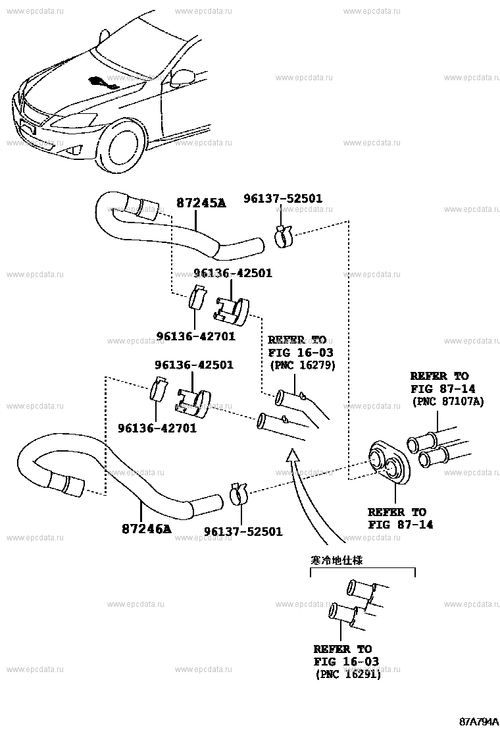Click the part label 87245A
pyautogui.click(x=201, y=203)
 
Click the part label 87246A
pyautogui.click(x=146, y=529)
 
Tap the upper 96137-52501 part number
pyautogui.click(x=292, y=198)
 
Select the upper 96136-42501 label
pyautogui.click(x=232, y=273)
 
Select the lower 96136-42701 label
pyautogui.click(x=157, y=429)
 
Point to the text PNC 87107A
pyautogui.click(x=447, y=401)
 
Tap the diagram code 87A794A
pyautogui.click(x=478, y=721)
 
